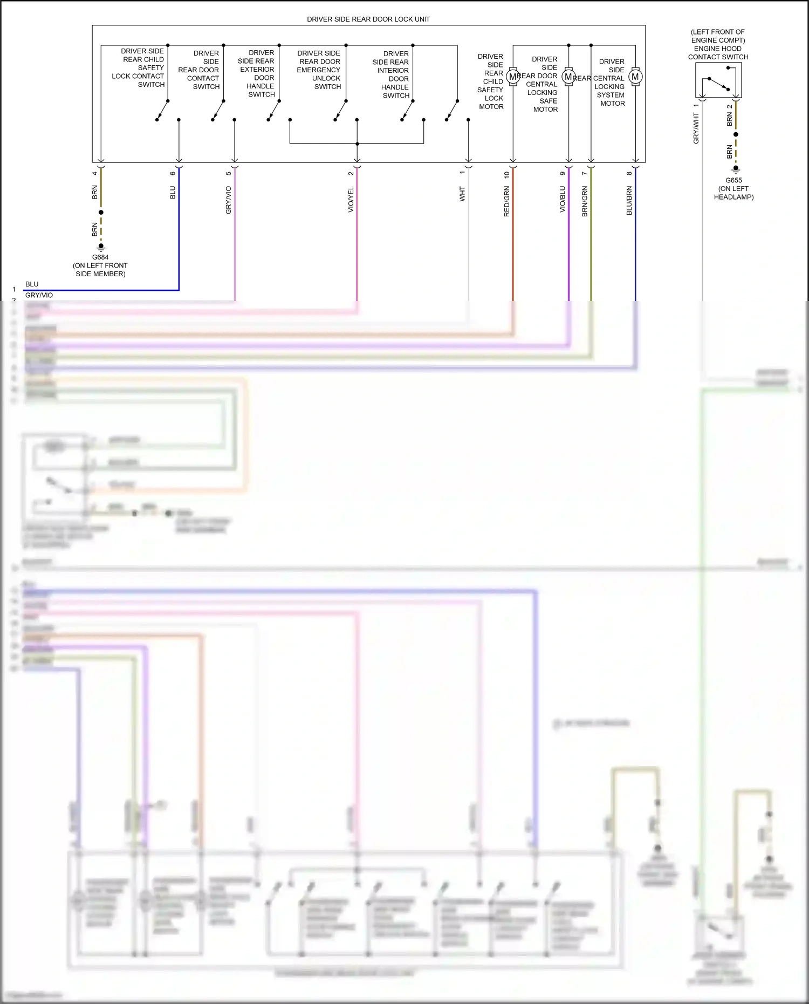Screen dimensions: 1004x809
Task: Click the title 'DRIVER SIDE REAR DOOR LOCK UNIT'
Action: (x=368, y=19)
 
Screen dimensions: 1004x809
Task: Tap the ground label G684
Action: (x=100, y=257)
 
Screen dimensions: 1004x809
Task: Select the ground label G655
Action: (x=733, y=180)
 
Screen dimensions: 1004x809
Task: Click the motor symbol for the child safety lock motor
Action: (x=513, y=77)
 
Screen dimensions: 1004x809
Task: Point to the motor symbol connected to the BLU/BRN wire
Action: (x=635, y=77)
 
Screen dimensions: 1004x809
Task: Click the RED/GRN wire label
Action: (x=507, y=202)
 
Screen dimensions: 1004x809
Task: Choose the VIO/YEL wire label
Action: (x=351, y=200)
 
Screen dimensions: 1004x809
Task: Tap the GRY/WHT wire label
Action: (x=696, y=128)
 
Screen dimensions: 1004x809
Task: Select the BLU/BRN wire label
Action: (x=629, y=201)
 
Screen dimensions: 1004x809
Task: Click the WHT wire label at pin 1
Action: (x=462, y=194)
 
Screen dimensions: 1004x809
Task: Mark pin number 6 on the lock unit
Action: (x=173, y=174)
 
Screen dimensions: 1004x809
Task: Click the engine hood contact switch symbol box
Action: (x=718, y=80)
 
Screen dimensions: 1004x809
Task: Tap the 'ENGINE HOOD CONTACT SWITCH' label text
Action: (x=718, y=53)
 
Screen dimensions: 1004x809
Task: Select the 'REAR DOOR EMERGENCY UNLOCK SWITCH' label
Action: (x=319, y=70)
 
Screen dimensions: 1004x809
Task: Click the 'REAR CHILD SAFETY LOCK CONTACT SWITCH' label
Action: (x=139, y=68)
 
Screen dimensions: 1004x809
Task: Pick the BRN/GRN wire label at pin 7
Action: (x=585, y=202)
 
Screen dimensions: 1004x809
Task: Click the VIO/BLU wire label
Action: (x=563, y=200)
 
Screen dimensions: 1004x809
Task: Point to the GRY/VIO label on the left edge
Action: (x=39, y=295)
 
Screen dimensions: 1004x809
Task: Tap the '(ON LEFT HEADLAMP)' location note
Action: (x=733, y=193)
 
